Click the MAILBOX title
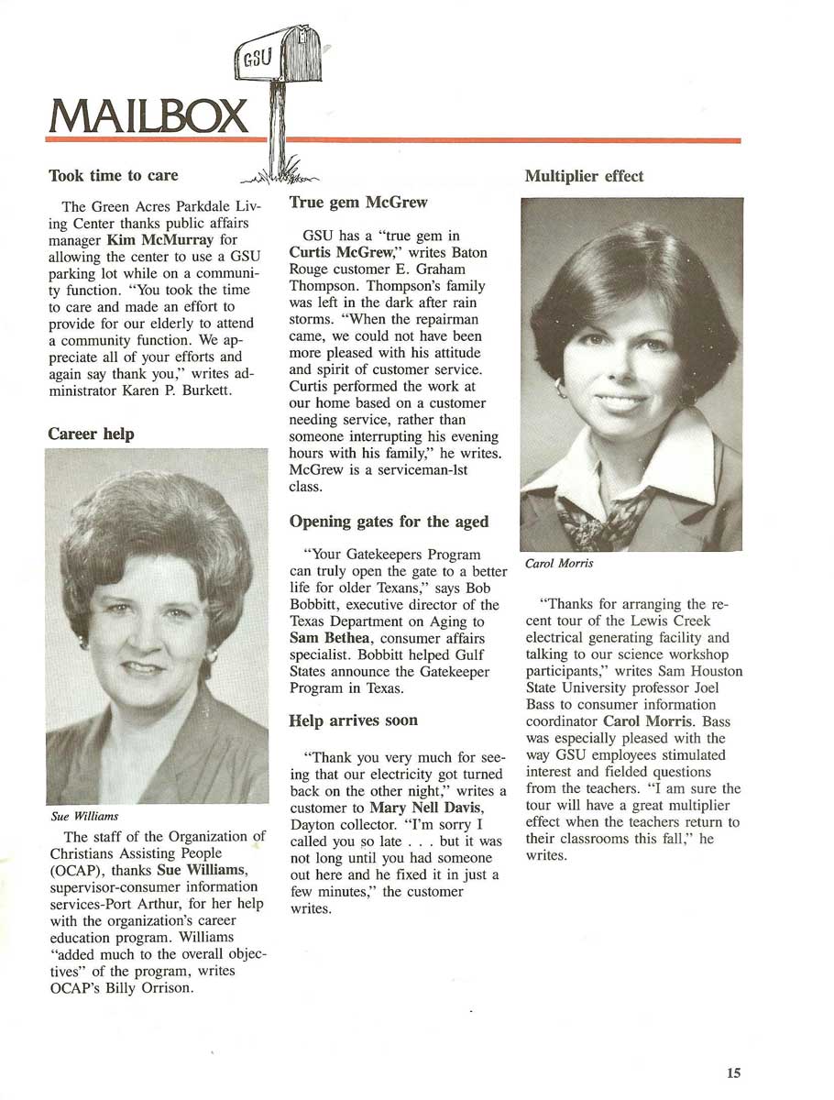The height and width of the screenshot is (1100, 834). (x=147, y=115)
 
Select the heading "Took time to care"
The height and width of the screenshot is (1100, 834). (x=113, y=174)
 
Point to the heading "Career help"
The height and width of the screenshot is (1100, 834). (x=91, y=434)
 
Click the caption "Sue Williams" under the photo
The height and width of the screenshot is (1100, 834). (x=85, y=815)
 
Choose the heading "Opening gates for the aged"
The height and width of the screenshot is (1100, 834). (x=389, y=522)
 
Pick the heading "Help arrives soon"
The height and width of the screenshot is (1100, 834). (x=353, y=720)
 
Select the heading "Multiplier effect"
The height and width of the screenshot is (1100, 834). (x=584, y=176)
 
